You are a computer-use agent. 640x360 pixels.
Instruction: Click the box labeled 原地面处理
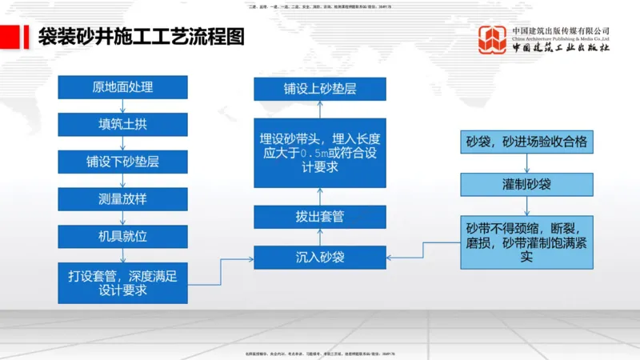(x=122, y=87)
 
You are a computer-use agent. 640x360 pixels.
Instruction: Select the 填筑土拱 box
(x=122, y=125)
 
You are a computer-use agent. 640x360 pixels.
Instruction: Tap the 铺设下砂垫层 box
(x=122, y=162)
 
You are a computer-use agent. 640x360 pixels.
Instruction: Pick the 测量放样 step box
(x=122, y=199)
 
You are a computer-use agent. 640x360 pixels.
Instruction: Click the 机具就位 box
(x=122, y=237)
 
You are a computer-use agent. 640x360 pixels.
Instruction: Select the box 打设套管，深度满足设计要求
(x=122, y=282)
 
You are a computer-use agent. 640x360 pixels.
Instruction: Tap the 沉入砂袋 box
(x=320, y=258)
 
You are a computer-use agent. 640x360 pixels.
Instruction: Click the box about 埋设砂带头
(x=320, y=151)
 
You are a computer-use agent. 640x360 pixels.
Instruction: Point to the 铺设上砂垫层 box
(x=320, y=89)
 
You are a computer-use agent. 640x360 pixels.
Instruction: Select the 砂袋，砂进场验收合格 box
(x=526, y=143)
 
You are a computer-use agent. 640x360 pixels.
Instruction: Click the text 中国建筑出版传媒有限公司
(x=561, y=30)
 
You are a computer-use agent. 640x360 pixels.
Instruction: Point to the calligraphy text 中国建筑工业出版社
(x=561, y=48)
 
